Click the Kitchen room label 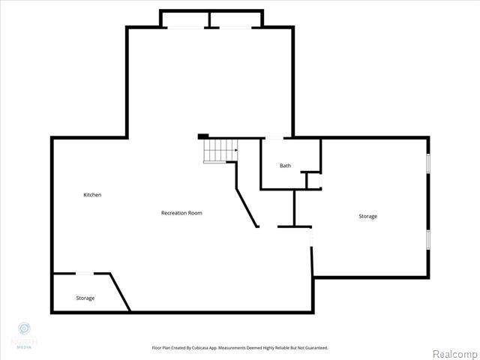click(x=92, y=195)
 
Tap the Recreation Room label click(x=181, y=213)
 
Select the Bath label click(x=285, y=166)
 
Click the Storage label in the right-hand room click(x=367, y=216)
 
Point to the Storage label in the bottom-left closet click(x=85, y=298)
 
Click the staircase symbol click(x=220, y=151)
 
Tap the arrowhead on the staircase click(x=235, y=151)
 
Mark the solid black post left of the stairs click(x=202, y=136)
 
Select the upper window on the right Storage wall click(x=428, y=164)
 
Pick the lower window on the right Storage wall click(x=428, y=239)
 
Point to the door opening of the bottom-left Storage click(x=83, y=273)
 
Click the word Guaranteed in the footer click(x=313, y=347)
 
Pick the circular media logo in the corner click(x=24, y=328)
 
